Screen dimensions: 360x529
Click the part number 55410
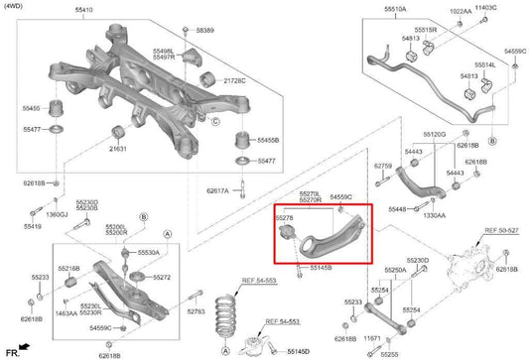point(83,11)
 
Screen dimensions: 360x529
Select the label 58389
point(204,32)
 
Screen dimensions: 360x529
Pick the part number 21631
point(118,148)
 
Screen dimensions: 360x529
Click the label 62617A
point(218,190)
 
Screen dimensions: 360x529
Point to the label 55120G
point(433,133)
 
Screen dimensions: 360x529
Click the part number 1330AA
point(434,214)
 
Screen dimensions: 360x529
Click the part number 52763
point(195,312)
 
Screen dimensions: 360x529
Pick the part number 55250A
point(395,270)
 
